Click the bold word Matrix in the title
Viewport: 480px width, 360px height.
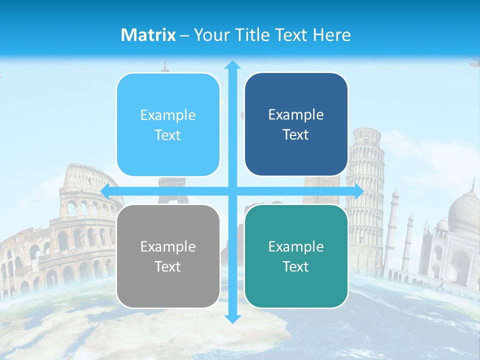point(148,35)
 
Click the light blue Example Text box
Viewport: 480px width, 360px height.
point(168,124)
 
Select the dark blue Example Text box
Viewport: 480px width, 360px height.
point(296,124)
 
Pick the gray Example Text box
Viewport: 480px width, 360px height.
point(168,256)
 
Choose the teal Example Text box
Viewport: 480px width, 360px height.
point(296,256)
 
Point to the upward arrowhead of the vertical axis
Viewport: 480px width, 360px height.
point(232,64)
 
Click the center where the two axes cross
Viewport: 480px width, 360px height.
point(232,191)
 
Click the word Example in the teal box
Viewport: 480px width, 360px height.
point(296,246)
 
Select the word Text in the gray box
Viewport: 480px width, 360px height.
point(168,266)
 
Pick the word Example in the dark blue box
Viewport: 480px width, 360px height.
point(296,114)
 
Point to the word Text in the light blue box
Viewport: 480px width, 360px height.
point(168,135)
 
